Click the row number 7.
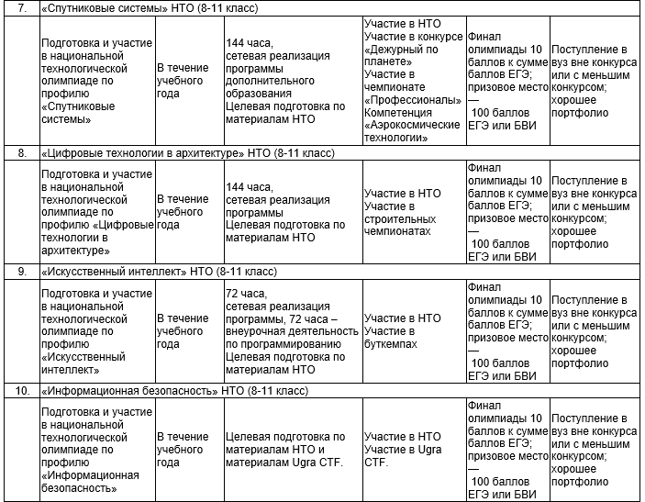(22, 7)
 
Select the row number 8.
(22, 152)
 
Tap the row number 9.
(22, 273)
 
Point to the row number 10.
(22, 392)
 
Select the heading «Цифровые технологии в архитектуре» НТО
(188, 152)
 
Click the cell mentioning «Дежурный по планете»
(414, 80)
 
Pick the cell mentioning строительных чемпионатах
(414, 213)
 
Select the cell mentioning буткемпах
(414, 331)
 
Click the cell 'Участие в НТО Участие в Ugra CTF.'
(414, 450)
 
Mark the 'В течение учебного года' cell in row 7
(189, 80)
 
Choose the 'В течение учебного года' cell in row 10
(189, 450)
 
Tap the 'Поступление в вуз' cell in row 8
(595, 213)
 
